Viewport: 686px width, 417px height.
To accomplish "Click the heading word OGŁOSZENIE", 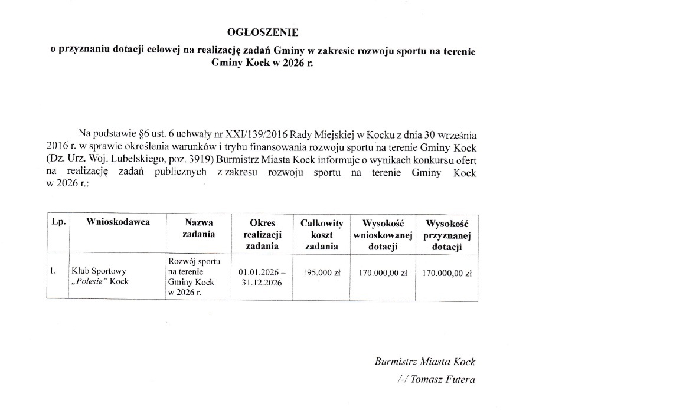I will click(x=263, y=32).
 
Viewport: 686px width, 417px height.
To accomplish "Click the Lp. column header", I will click(x=58, y=222).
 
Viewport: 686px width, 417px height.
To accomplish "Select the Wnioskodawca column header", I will click(x=118, y=222).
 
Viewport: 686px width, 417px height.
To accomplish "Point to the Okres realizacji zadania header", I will click(x=262, y=234).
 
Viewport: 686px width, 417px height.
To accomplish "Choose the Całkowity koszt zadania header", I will click(x=322, y=234).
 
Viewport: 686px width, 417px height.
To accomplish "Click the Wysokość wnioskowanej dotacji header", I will click(x=383, y=234).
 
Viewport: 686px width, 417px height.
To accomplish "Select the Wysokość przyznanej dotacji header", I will click(x=447, y=234).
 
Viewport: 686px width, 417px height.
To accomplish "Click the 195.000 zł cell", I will click(x=322, y=272).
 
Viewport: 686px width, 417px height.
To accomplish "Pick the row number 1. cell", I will click(x=53, y=271).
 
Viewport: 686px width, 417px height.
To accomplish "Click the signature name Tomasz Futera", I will click(x=442, y=379).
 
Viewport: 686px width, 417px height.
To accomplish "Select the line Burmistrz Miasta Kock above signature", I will click(x=424, y=362).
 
